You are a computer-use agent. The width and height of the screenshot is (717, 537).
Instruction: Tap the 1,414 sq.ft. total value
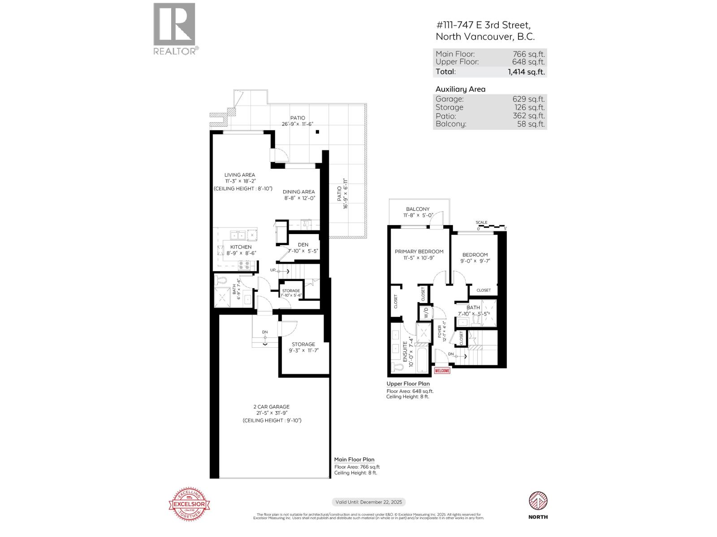point(526,72)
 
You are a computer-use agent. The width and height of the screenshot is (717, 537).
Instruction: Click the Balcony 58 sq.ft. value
point(531,124)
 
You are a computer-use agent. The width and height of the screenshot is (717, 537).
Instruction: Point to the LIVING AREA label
point(240,175)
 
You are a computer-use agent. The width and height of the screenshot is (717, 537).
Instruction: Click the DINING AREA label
point(298,192)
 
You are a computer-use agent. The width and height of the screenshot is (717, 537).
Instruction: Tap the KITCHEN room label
point(241,247)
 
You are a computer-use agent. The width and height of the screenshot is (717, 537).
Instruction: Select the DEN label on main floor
point(303,244)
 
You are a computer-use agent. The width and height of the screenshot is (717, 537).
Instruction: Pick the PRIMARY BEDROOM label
point(419,251)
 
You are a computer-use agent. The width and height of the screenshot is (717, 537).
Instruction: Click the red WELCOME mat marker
point(442,371)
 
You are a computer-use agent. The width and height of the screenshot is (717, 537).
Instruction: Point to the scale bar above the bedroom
point(491,226)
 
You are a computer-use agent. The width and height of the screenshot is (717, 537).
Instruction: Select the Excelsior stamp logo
point(189,504)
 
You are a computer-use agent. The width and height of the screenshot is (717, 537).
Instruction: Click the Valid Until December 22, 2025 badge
point(368,502)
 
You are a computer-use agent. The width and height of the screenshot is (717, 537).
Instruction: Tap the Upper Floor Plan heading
point(408,384)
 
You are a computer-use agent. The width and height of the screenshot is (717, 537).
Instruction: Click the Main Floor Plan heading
point(354,460)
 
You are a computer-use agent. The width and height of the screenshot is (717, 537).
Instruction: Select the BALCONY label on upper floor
point(418,209)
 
